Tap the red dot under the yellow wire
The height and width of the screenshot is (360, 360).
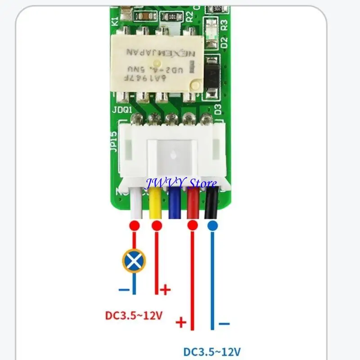[157, 225]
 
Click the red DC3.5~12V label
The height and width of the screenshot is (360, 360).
[134, 315]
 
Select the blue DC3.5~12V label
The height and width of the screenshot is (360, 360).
[212, 351]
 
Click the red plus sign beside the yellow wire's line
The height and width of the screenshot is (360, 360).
[166, 289]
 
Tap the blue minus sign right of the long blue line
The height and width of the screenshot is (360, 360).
[224, 324]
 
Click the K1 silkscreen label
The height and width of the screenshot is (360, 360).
[115, 20]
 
